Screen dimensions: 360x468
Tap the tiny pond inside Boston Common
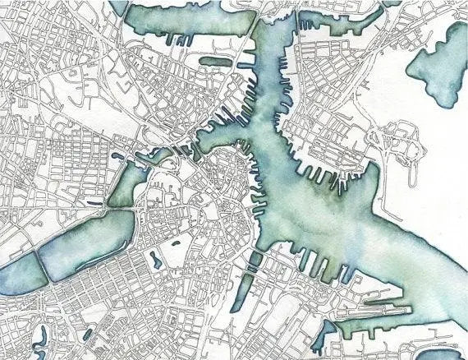pyautogui.click(x=173, y=244)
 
